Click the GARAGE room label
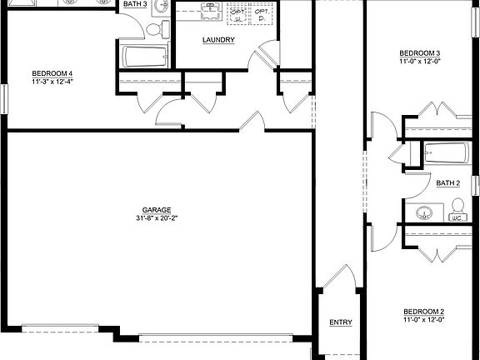pyautogui.click(x=157, y=209)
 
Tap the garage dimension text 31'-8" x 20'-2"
pyautogui.click(x=157, y=218)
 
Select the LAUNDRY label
pyautogui.click(x=217, y=40)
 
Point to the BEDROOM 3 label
pyautogui.click(x=421, y=53)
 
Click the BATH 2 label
pyautogui.click(x=448, y=182)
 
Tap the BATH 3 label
pyautogui.click(x=135, y=4)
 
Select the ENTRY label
pyautogui.click(x=340, y=322)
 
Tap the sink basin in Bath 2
pyautogui.click(x=424, y=212)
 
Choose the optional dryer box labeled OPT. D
pyautogui.click(x=262, y=17)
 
